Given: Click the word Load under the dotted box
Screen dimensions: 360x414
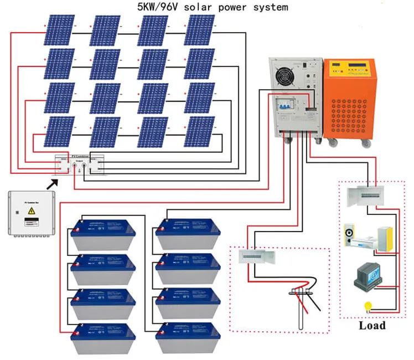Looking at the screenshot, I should [x=371, y=325].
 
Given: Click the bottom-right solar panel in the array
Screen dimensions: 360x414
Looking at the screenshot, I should [x=199, y=132].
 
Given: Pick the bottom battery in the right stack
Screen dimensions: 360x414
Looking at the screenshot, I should [x=189, y=338].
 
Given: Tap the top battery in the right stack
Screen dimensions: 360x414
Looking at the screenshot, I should [x=189, y=233].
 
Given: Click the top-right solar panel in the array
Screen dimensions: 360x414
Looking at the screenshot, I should [x=199, y=30].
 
